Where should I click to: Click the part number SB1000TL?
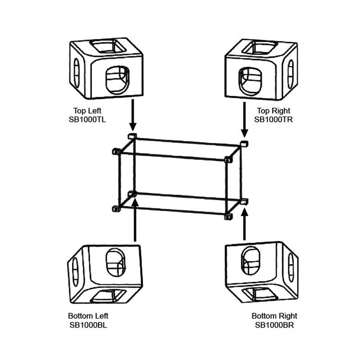88,119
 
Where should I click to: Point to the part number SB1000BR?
274,324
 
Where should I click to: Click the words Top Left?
88,110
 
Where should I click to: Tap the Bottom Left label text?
89,316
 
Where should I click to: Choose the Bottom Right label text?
274,316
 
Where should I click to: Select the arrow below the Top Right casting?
244,119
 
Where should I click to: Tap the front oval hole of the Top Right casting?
249,81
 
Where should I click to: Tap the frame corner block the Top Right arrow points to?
244,144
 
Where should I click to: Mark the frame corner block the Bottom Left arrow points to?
132,194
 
